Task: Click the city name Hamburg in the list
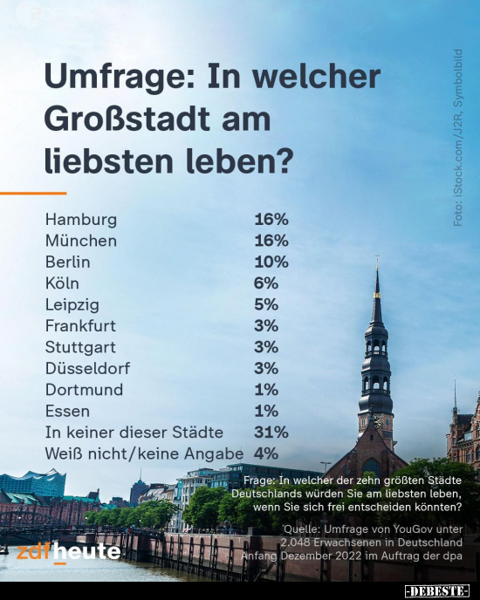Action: pyautogui.click(x=80, y=220)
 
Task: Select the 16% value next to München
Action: pyautogui.click(x=271, y=241)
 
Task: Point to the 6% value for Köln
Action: pyautogui.click(x=266, y=283)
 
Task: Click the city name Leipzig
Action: pyautogui.click(x=72, y=305)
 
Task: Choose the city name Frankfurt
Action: pyautogui.click(x=80, y=326)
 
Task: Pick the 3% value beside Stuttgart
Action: pyautogui.click(x=266, y=347)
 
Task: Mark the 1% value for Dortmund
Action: pyautogui.click(x=266, y=390)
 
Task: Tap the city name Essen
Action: pyautogui.click(x=67, y=411)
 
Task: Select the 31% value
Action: pyautogui.click(x=271, y=432)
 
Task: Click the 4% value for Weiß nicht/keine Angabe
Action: pyautogui.click(x=266, y=453)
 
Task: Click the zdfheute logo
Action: pyautogui.click(x=68, y=553)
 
